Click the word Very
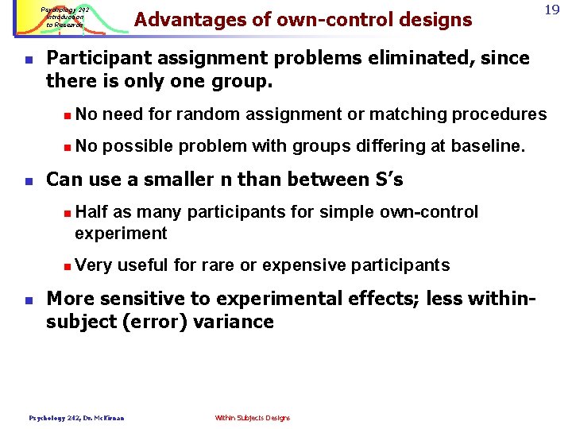tap(94, 265)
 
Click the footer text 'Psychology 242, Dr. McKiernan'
tap(77, 418)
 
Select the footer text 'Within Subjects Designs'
tap(253, 418)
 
